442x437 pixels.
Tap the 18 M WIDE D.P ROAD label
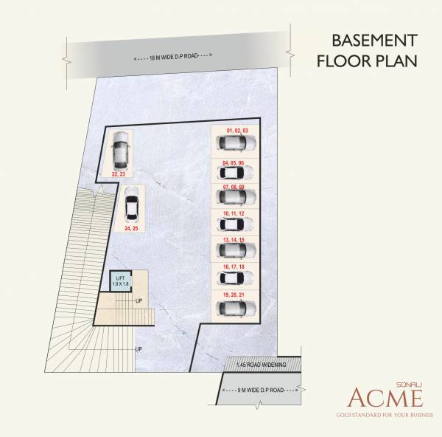coord(173,58)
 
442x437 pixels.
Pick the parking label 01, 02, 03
coord(236,131)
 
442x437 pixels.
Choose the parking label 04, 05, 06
coord(236,162)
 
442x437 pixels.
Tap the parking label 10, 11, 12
coord(236,213)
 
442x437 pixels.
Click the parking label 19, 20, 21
coord(236,293)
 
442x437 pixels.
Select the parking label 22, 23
coord(119,173)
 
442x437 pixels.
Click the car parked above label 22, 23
coord(120,151)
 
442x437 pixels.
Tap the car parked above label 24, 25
coord(133,206)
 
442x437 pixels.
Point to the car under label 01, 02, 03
coord(236,142)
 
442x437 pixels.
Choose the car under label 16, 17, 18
coord(236,278)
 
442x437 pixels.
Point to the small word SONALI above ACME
coord(410,382)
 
